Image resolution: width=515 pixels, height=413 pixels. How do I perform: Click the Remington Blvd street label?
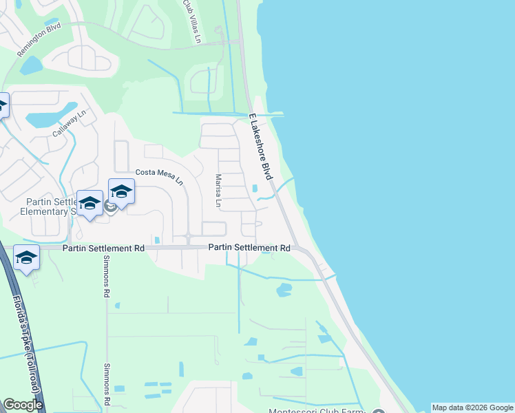coord(40,34)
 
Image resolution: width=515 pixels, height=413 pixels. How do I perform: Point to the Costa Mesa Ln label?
coord(159,176)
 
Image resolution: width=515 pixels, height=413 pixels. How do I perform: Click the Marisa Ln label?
coord(217,191)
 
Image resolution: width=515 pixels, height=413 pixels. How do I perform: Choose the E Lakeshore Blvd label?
coord(261,147)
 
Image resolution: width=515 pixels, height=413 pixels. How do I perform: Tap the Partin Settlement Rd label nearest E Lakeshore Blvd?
coord(249,247)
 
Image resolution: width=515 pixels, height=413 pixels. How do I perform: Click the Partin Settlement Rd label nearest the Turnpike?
coord(103,248)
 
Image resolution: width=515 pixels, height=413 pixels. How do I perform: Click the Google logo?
coord(23,405)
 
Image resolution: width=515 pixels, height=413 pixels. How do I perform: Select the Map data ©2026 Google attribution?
coord(472,407)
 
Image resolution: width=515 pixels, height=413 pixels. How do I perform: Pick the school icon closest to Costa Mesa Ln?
coord(122,191)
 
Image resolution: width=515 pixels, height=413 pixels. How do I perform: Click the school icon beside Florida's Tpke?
coord(26,257)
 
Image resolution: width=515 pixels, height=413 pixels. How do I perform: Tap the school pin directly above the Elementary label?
coord(90,202)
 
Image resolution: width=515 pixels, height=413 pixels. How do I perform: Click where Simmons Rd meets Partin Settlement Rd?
coord(106,248)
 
